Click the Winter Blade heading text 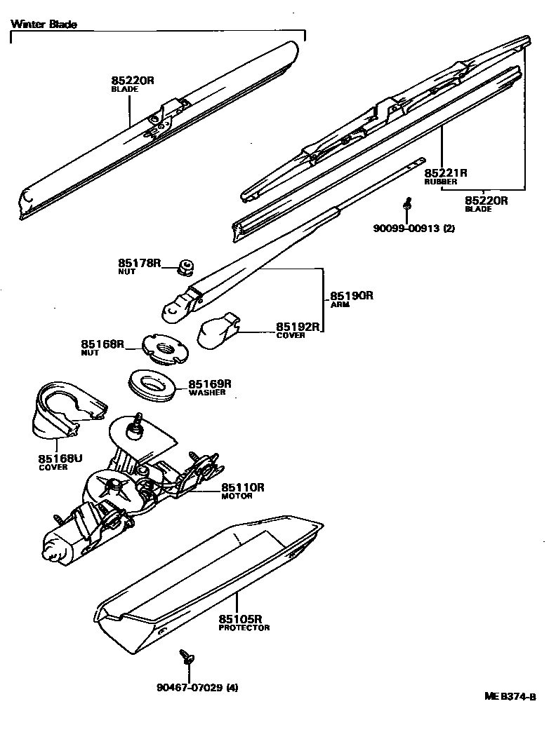pyautogui.click(x=44, y=24)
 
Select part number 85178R pyautogui.click(x=140, y=263)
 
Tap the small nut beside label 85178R pyautogui.click(x=186, y=266)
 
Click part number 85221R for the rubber pyautogui.click(x=446, y=172)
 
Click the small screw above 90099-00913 pyautogui.click(x=407, y=204)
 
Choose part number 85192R pyautogui.click(x=298, y=326)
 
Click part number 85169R pyautogui.click(x=209, y=384)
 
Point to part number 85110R pyautogui.click(x=243, y=487)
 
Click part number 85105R pyautogui.click(x=240, y=619)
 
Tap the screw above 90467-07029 pyautogui.click(x=187, y=656)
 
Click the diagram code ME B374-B pyautogui.click(x=510, y=696)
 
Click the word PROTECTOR pyautogui.click(x=244, y=628)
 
